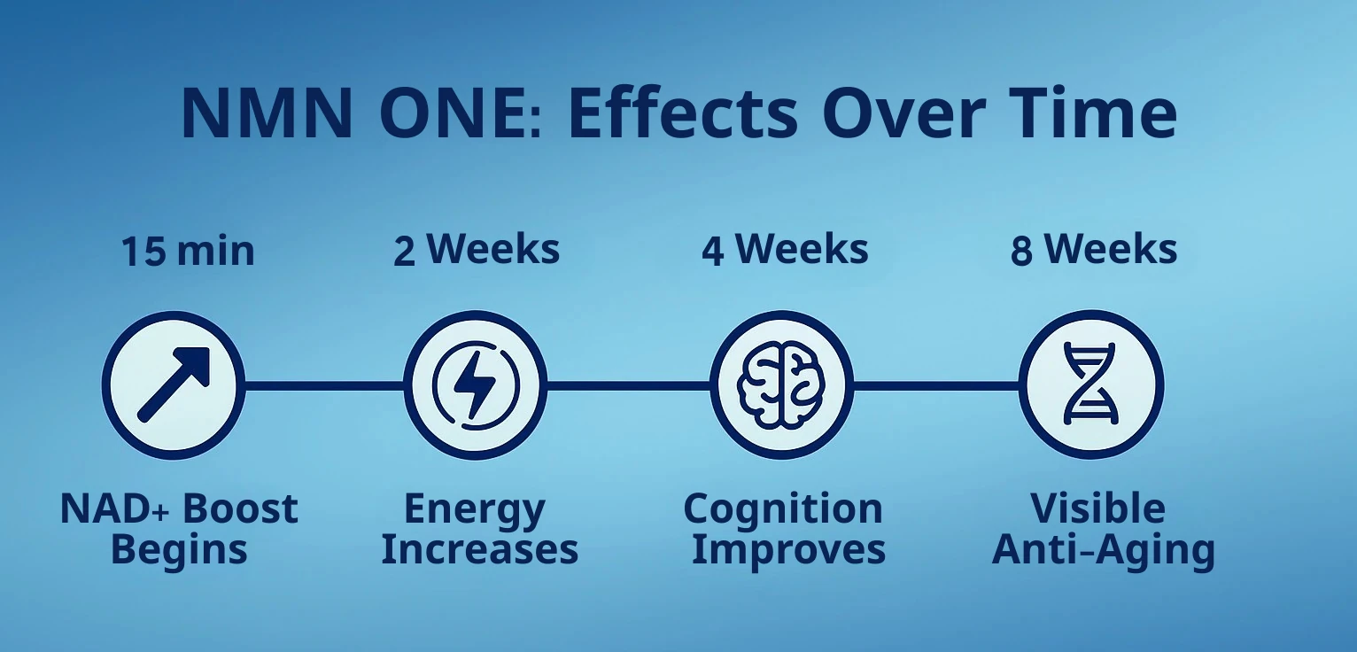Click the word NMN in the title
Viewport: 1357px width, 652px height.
pyautogui.click(x=267, y=113)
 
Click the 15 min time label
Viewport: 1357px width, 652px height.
pyautogui.click(x=188, y=251)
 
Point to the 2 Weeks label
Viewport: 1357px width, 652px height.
pyautogui.click(x=477, y=250)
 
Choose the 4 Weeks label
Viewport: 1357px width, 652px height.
pyautogui.click(x=785, y=250)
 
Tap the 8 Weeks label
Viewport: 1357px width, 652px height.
pyautogui.click(x=1094, y=250)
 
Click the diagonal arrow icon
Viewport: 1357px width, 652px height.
pyautogui.click(x=174, y=384)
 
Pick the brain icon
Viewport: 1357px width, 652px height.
pyautogui.click(x=781, y=384)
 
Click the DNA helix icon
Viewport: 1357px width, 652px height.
pyautogui.click(x=1090, y=384)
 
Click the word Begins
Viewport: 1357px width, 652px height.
pyautogui.click(x=179, y=550)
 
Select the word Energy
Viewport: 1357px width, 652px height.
pyautogui.click(x=475, y=510)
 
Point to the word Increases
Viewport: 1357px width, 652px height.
pyautogui.click(x=480, y=549)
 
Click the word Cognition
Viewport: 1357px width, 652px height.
pyautogui.click(x=783, y=510)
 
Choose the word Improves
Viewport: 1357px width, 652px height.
pyautogui.click(x=788, y=550)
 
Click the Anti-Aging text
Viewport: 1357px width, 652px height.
pyautogui.click(x=1103, y=550)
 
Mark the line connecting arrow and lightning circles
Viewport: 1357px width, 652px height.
pyautogui.click(x=324, y=385)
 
